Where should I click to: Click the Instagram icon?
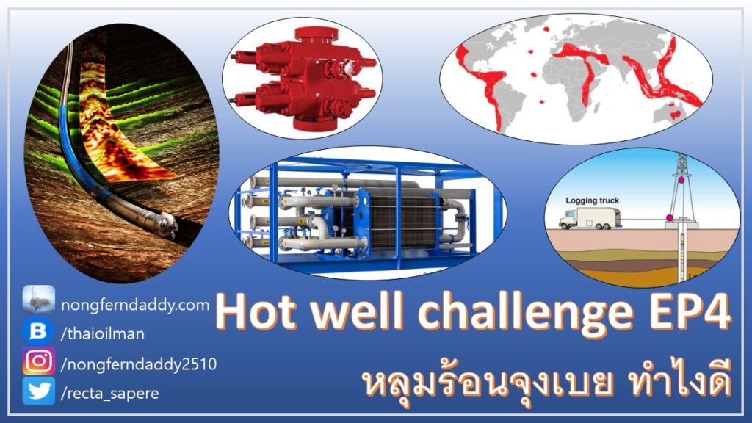point(39,361)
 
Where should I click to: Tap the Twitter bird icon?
point(39,391)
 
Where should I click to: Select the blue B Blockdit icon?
point(38,331)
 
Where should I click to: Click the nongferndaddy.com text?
point(135,305)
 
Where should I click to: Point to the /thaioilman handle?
point(103,334)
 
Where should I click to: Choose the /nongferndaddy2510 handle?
point(139,364)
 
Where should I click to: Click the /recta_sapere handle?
point(110,394)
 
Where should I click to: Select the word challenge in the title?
point(526,313)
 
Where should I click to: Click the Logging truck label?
point(593,200)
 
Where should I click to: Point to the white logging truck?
point(590,217)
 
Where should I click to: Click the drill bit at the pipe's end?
point(167,225)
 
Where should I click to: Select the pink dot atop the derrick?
point(681,181)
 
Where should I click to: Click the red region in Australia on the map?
point(676,115)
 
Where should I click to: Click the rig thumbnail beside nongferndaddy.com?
point(38,300)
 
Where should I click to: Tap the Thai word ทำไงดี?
point(679,381)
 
